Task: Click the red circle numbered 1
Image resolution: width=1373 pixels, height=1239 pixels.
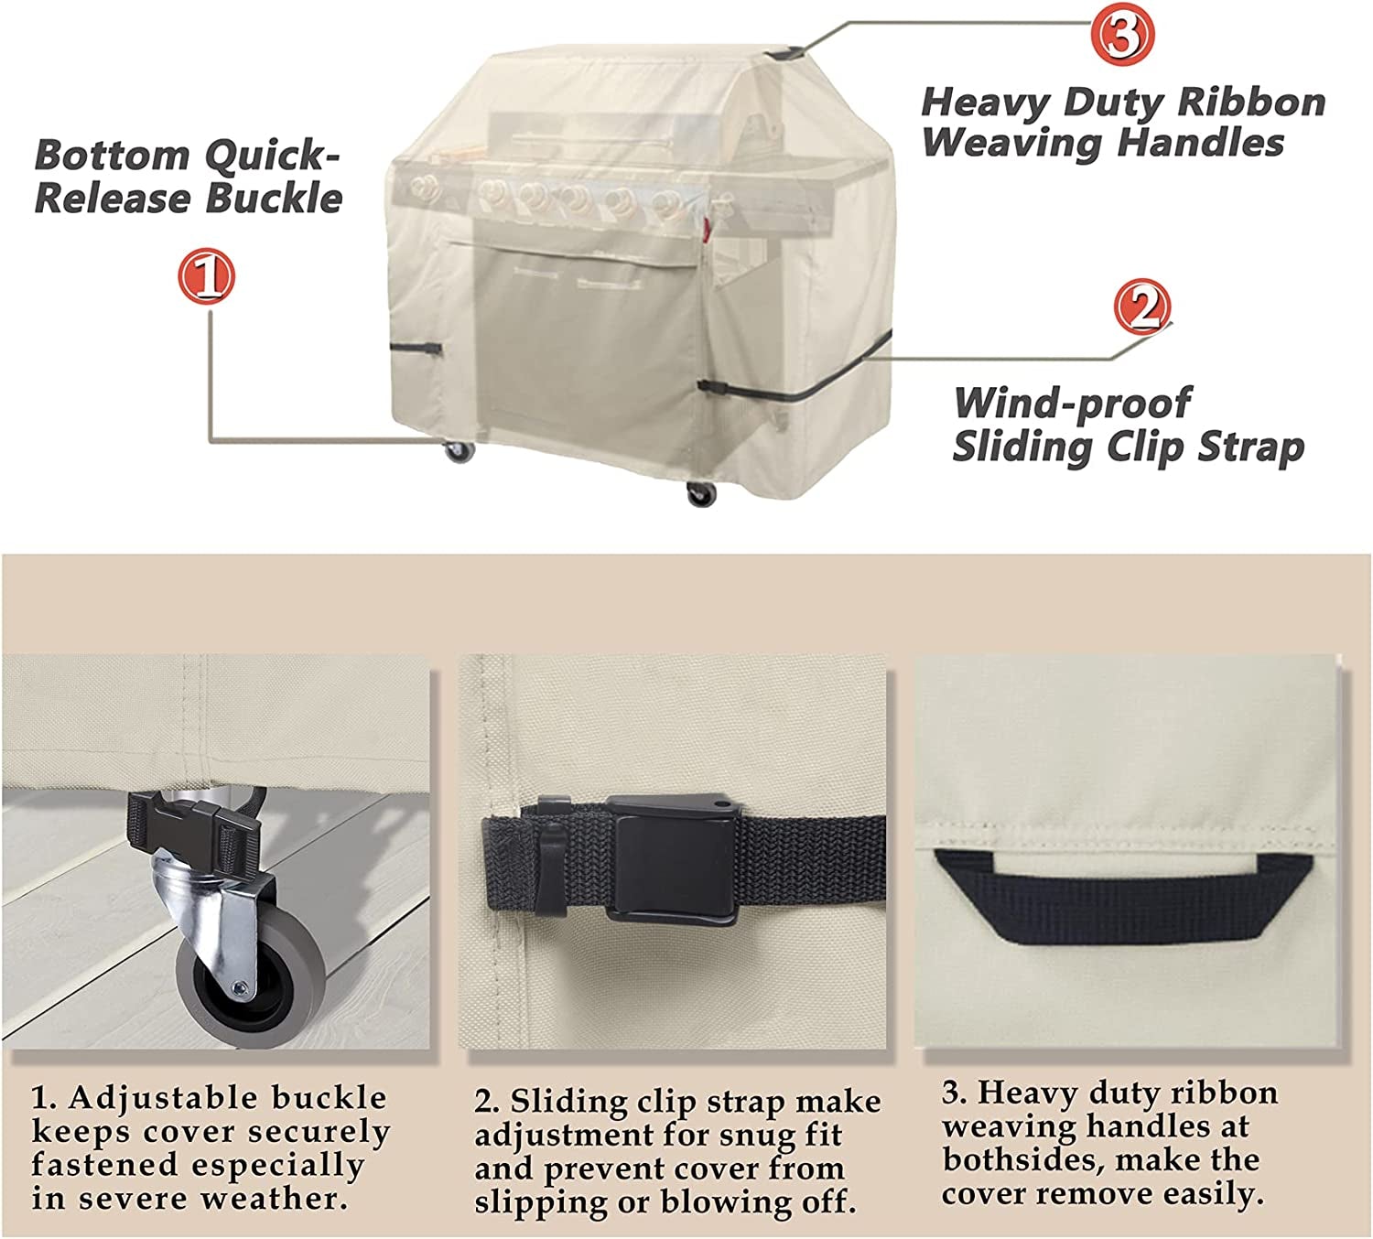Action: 207,276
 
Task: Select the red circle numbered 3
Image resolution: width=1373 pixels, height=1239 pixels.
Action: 1122,34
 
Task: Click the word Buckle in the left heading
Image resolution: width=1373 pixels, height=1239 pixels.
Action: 274,198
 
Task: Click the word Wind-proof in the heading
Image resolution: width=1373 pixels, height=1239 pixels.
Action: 1073,404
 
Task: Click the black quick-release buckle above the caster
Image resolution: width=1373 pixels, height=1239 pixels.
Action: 194,829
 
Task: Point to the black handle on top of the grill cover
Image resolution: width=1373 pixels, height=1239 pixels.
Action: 786,52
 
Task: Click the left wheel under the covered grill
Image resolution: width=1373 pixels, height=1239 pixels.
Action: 459,451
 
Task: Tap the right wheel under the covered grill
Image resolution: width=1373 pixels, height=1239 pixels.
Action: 701,493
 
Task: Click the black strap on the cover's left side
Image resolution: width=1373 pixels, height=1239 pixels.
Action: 416,349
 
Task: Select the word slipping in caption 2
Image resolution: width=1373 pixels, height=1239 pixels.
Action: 541,1203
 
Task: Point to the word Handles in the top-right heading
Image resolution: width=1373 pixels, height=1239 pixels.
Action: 1200,143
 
